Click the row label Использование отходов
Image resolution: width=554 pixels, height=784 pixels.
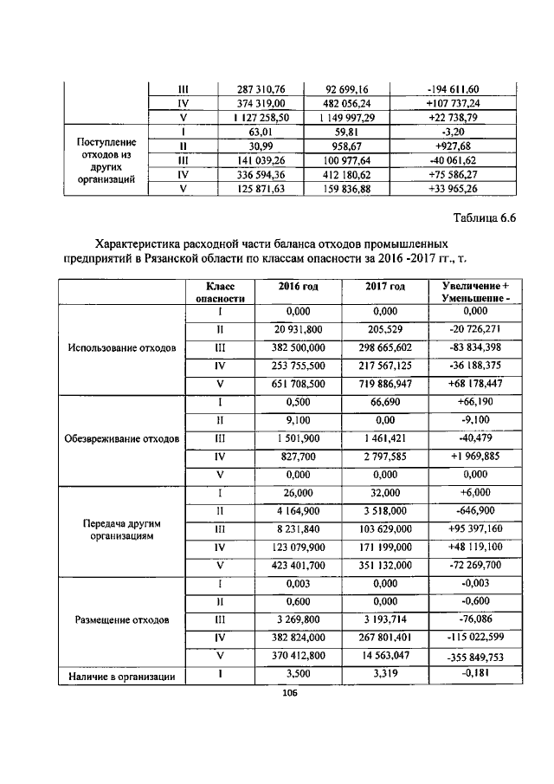click(x=121, y=348)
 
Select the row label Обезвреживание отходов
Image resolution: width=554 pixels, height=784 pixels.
click(x=121, y=438)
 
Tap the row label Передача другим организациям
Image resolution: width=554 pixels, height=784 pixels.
click(x=121, y=530)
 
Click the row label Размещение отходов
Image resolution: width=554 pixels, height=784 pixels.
click(x=121, y=620)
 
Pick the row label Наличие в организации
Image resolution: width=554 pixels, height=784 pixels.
click(x=121, y=677)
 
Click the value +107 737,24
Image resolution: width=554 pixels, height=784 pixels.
click(x=453, y=103)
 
